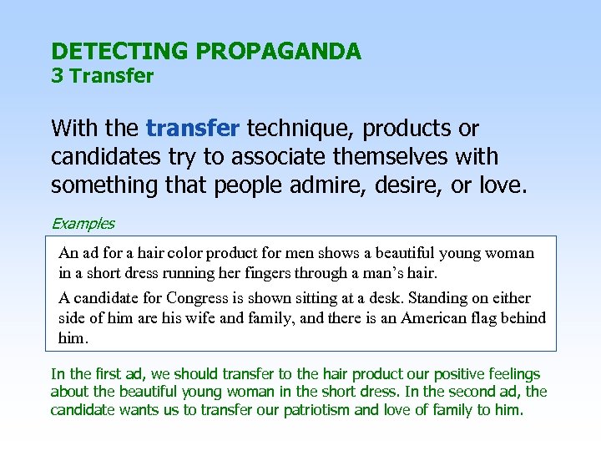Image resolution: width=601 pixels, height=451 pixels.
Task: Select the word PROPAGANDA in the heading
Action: [278, 52]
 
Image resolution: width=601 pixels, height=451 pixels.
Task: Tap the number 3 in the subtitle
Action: [57, 77]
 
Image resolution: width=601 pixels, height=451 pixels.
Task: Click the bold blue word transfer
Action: [193, 129]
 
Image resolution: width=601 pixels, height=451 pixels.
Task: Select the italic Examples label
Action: [83, 223]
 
